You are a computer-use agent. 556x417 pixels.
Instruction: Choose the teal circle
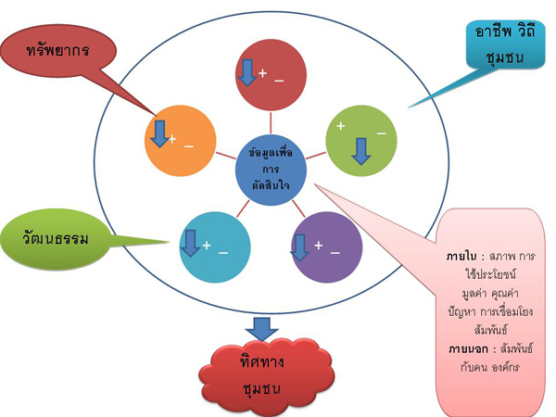tap(216, 246)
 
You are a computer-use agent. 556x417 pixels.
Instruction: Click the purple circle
tap(326, 246)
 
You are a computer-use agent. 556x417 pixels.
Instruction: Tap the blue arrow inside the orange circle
tap(160, 134)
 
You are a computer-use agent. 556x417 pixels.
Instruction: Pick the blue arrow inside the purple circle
tap(300, 246)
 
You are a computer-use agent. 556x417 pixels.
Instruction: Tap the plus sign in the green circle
tap(341, 125)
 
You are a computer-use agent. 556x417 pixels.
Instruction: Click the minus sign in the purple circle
tap(335, 250)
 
